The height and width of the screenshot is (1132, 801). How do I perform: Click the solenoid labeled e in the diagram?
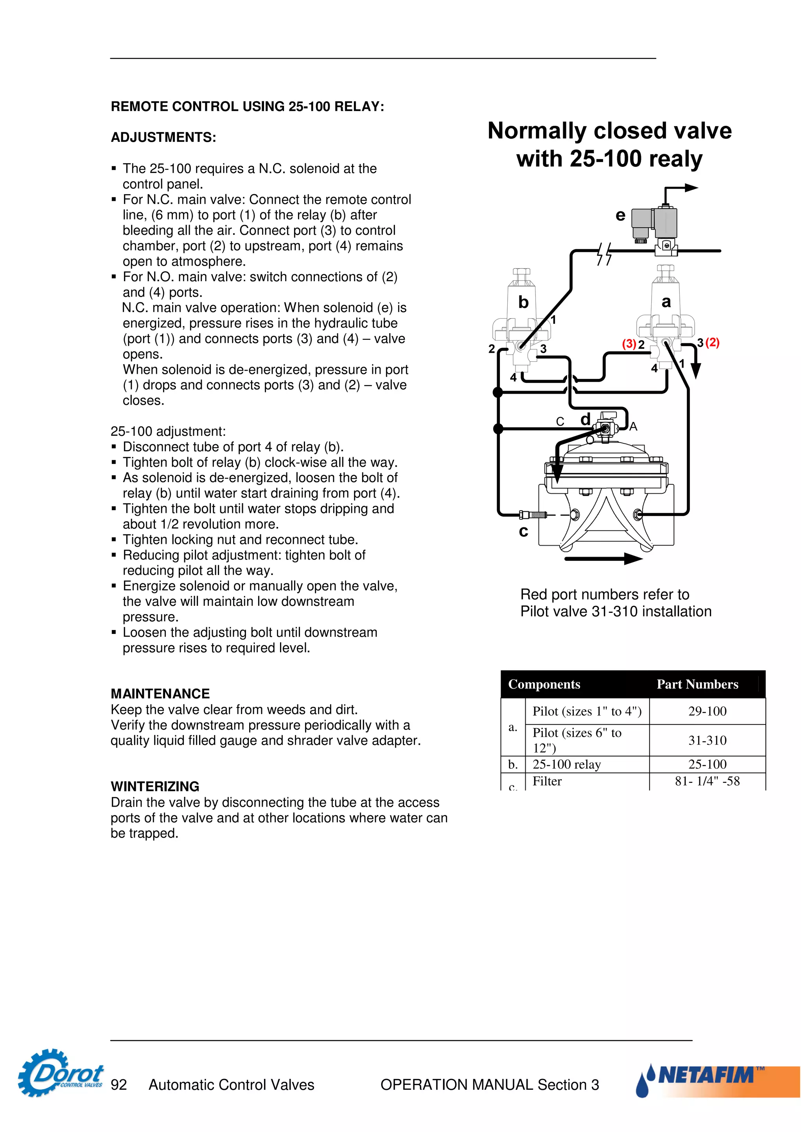[x=656, y=224]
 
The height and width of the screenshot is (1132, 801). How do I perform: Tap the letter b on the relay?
[x=524, y=302]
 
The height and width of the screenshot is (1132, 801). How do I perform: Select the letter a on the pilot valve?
[x=666, y=301]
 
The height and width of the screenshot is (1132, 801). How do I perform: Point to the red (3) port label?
[x=629, y=344]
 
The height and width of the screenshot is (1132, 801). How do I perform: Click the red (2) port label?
[x=713, y=343]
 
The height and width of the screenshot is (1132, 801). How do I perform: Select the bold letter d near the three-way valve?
[x=585, y=419]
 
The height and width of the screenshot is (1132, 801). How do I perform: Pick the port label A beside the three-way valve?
[x=633, y=427]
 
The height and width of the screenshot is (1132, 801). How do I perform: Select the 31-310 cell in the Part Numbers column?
[x=707, y=740]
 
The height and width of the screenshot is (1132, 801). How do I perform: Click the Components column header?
[x=544, y=684]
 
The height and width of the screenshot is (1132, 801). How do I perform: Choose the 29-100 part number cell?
[x=707, y=711]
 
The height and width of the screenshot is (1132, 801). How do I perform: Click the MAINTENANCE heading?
[x=160, y=694]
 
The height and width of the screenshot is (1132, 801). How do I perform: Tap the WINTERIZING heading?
[x=155, y=786]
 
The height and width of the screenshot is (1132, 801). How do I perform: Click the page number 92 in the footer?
[x=119, y=1085]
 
